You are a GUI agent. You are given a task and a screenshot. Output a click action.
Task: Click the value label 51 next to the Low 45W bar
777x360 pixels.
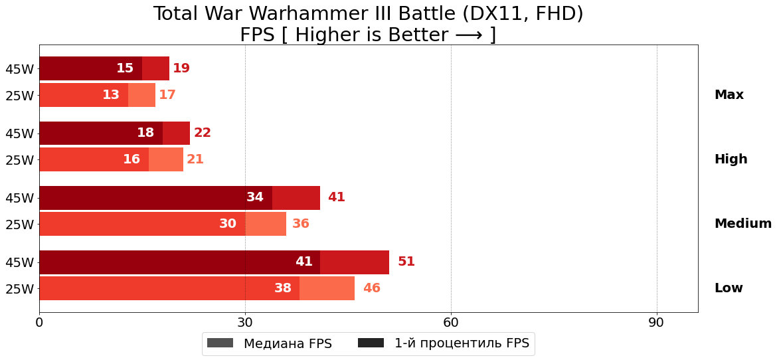[x=406, y=262]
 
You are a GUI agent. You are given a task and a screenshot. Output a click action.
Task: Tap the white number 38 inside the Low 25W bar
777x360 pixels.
[x=283, y=288]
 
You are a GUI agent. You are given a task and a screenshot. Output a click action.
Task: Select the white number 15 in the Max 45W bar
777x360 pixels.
[x=125, y=68]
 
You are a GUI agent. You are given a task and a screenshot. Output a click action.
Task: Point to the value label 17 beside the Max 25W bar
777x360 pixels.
[x=167, y=95]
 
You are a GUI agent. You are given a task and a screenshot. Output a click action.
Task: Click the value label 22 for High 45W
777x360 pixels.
[x=203, y=133]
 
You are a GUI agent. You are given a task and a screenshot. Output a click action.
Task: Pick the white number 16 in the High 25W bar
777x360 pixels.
[x=131, y=159]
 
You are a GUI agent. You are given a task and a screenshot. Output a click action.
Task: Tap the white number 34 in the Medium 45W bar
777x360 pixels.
[x=255, y=197]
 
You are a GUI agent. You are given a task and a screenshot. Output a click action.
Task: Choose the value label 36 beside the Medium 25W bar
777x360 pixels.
[x=301, y=224]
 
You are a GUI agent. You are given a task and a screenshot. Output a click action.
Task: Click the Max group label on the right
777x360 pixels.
[x=729, y=95]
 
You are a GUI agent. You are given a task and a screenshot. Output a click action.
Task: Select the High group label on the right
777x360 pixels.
[x=731, y=159]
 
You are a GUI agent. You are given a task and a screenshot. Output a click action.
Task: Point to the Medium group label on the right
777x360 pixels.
[x=742, y=224]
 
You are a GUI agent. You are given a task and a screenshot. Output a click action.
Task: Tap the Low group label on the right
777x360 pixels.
[x=729, y=288]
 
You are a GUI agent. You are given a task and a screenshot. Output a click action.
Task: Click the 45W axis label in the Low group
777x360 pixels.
[x=19, y=262]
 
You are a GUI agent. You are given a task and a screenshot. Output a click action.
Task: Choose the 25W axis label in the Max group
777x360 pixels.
[x=19, y=96]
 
